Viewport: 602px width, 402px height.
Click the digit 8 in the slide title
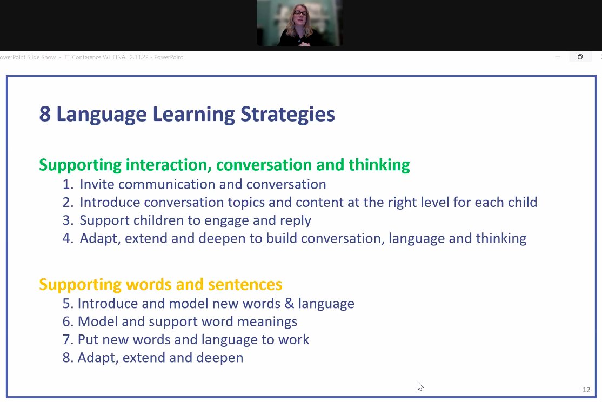(45, 115)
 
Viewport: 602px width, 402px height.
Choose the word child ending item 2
(521, 203)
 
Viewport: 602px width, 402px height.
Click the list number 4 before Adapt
(67, 238)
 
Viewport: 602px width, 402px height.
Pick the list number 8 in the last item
(67, 358)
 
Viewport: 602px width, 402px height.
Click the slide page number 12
(586, 390)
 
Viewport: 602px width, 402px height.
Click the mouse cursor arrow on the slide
(420, 386)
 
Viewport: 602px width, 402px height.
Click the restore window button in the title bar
(580, 57)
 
